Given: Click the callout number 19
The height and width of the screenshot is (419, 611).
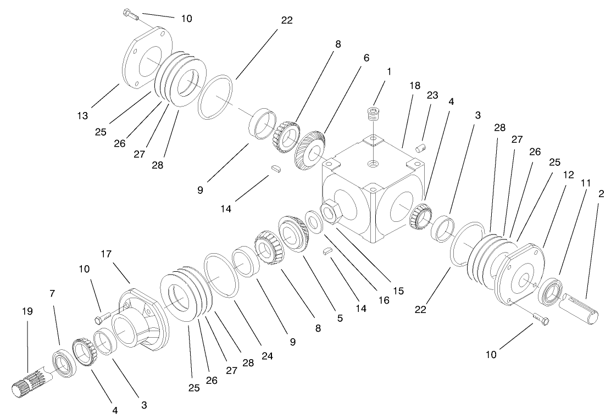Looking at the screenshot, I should [x=27, y=311].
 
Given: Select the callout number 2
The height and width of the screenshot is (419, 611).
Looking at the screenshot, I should [x=602, y=194].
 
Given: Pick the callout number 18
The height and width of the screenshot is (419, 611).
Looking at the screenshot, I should [x=414, y=86].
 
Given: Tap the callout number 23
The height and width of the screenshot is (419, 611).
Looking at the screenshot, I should [x=432, y=95].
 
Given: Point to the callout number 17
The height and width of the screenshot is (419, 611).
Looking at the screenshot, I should [x=106, y=254].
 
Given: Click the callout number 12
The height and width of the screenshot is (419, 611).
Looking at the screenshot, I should [x=568, y=175].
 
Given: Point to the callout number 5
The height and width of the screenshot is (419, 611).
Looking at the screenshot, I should [x=340, y=317].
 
